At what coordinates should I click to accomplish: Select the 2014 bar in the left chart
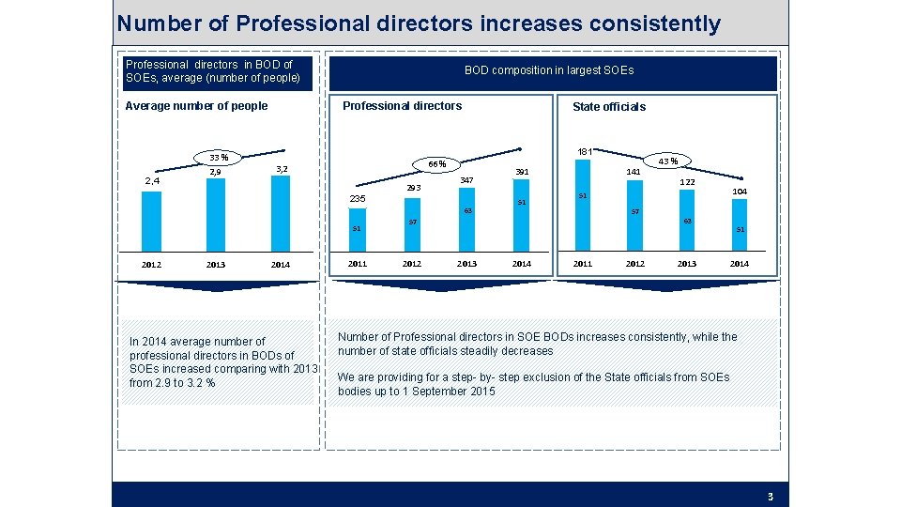(x=279, y=211)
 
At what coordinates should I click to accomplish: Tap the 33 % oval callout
(x=217, y=157)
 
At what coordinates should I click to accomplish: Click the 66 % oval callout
(x=436, y=163)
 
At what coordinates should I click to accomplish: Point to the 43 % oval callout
(x=667, y=161)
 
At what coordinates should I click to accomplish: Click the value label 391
(x=522, y=172)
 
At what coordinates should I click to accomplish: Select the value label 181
(x=584, y=151)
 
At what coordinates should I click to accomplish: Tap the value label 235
(x=358, y=199)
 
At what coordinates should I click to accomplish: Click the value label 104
(x=740, y=191)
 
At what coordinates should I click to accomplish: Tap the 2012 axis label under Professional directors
(x=411, y=264)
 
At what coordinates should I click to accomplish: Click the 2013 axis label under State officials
(x=687, y=264)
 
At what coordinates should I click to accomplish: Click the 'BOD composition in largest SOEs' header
(x=549, y=70)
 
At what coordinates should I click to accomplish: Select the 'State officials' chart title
(x=609, y=107)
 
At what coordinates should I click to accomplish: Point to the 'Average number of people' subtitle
(x=196, y=106)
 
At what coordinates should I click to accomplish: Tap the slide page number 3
(x=770, y=497)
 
